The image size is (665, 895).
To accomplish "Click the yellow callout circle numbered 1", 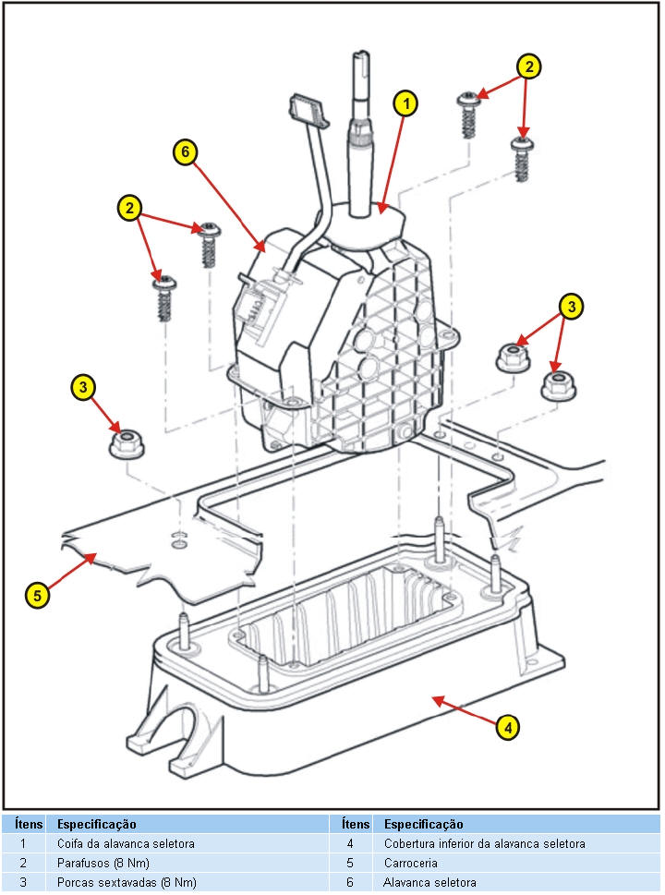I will tap(405, 104).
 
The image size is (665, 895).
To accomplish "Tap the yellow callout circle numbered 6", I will tap(185, 153).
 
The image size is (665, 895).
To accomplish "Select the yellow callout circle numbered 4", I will tap(505, 728).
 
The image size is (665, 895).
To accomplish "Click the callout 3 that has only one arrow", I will tap(84, 389).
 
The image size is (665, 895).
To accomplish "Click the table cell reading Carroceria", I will tap(411, 863).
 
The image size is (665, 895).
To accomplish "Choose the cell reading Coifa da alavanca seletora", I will tap(126, 843).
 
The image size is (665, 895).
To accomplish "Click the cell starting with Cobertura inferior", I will tap(484, 843).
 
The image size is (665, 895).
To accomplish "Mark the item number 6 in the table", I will tap(350, 882).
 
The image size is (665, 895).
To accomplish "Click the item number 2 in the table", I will tap(23, 863).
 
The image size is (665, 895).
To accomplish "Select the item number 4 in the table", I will tap(350, 843).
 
